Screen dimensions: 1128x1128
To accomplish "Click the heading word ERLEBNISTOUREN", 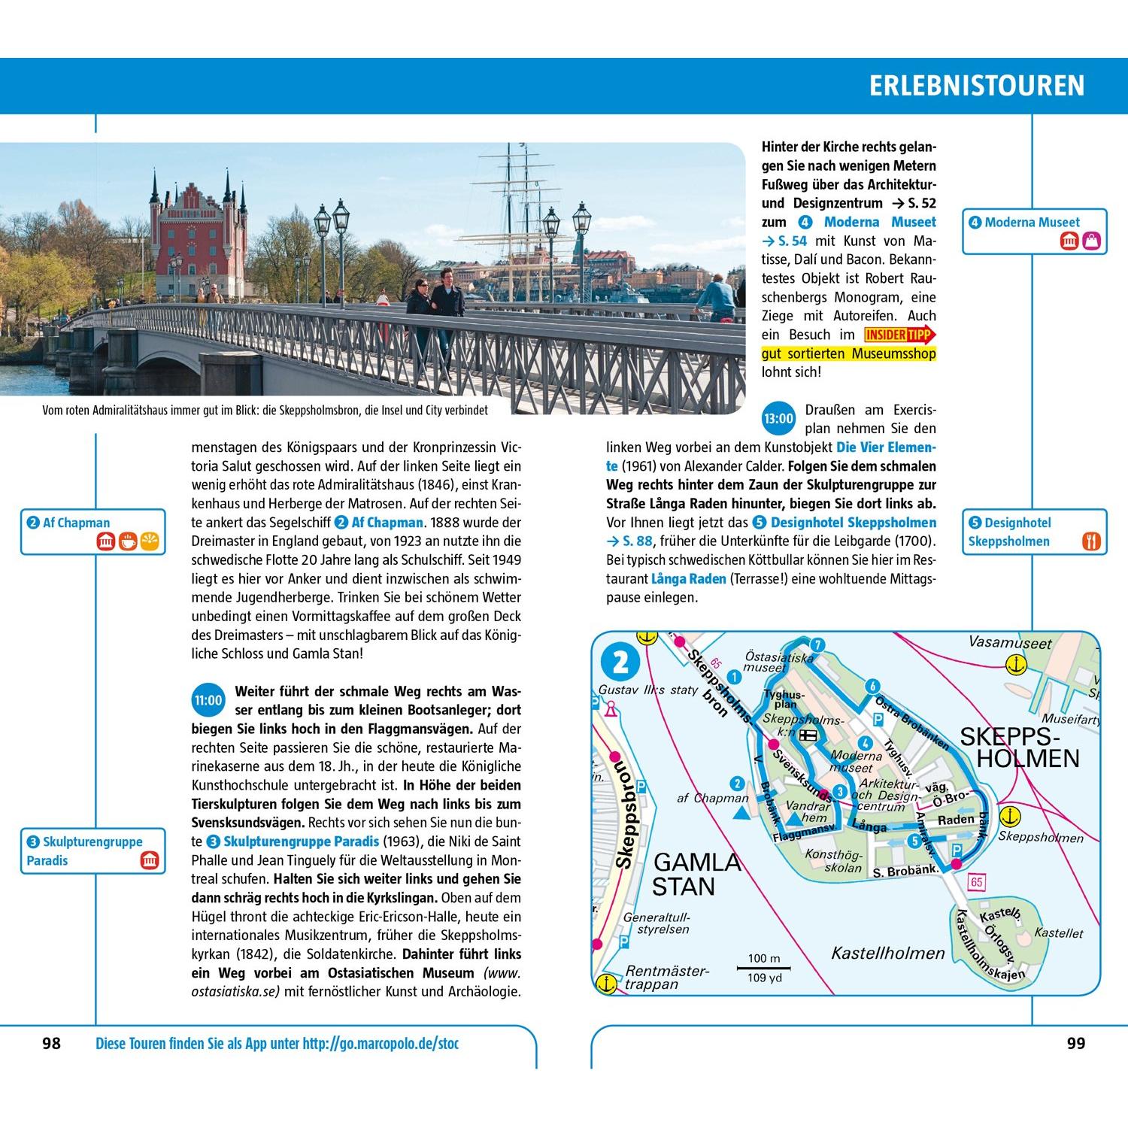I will [977, 86].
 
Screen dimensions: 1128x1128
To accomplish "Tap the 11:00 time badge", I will [208, 701].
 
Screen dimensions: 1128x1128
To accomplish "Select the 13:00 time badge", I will [778, 419].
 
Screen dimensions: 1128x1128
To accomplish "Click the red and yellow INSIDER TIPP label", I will [900, 335].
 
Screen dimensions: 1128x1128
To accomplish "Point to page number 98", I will [51, 1043].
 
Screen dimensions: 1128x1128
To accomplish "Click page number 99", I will [1076, 1043].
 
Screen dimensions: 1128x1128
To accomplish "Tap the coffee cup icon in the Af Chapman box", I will [128, 541].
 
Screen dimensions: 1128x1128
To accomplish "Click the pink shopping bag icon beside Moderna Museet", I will [1091, 241].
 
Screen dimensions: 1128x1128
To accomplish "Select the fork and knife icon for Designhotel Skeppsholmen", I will [1091, 541].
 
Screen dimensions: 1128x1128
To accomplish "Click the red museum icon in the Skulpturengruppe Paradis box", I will [150, 861].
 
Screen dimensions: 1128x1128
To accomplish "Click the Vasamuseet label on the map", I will [1009, 644].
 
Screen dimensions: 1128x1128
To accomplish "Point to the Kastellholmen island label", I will [887, 954].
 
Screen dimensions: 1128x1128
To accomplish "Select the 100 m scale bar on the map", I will [763, 968].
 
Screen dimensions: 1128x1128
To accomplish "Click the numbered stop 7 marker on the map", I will [817, 644].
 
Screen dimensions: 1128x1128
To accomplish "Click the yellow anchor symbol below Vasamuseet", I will [1016, 665].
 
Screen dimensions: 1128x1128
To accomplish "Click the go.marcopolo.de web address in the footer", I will [381, 1044].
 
